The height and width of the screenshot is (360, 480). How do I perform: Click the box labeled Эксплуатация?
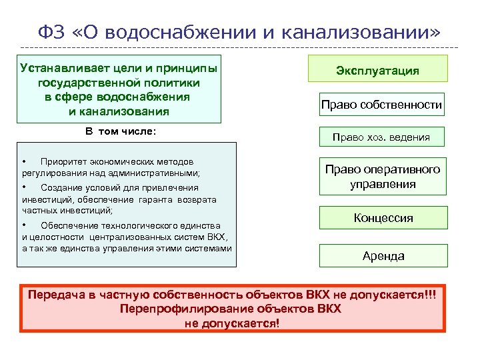pyautogui.click(x=377, y=70)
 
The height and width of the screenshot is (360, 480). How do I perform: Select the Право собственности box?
pyautogui.click(x=381, y=105)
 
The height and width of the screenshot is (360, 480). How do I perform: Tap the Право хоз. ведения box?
pyautogui.click(x=381, y=138)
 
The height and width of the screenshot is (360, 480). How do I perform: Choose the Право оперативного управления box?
pyautogui.click(x=382, y=177)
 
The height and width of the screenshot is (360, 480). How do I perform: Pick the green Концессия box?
pyautogui.click(x=383, y=218)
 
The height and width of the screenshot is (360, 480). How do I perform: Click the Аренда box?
pyautogui.click(x=383, y=255)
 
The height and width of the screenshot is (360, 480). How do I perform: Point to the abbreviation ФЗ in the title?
pyautogui.click(x=50, y=31)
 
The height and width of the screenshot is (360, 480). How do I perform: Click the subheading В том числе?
pyautogui.click(x=120, y=131)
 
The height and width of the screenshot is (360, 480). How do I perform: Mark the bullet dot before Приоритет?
pyautogui.click(x=25, y=161)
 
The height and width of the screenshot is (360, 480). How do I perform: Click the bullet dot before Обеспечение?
pyautogui.click(x=25, y=225)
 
